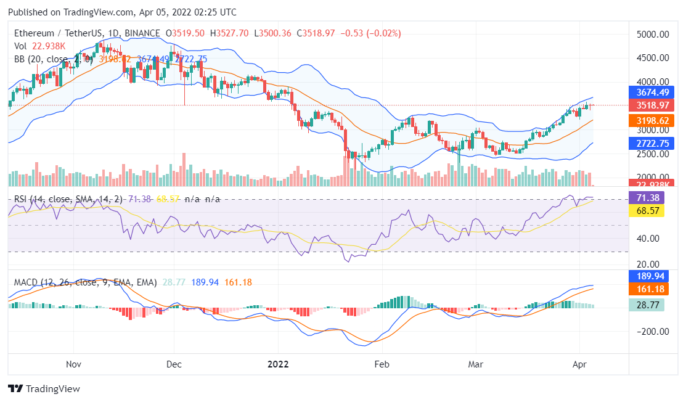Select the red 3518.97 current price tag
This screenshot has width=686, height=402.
tap(648, 105)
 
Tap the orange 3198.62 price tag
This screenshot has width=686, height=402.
tap(648, 121)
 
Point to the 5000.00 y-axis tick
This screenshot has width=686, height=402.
tap(653, 35)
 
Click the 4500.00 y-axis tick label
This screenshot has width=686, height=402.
tap(653, 58)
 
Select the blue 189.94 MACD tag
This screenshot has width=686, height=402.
tap(648, 276)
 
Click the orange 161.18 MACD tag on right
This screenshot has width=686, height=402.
tap(648, 289)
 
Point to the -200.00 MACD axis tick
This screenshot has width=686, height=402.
tap(653, 331)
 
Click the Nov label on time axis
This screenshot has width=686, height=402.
tap(73, 364)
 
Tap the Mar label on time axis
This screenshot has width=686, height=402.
tap(475, 364)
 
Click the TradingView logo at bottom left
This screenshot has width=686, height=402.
tap(44, 389)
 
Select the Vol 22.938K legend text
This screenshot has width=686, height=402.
tap(40, 46)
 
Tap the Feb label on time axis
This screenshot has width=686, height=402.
tap(383, 364)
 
